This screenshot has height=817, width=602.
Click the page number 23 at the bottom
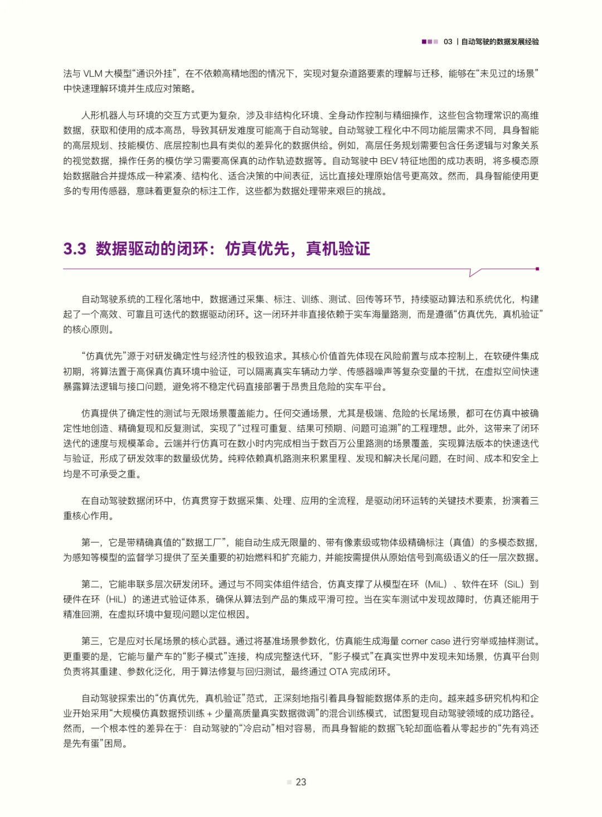[x=301, y=782]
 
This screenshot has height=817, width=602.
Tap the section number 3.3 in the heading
[x=75, y=249]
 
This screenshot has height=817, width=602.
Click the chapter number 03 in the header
[x=448, y=42]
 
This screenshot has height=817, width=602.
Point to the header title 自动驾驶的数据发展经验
[x=500, y=42]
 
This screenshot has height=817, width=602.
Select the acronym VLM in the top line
[x=93, y=74]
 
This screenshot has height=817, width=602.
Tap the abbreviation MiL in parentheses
[x=436, y=584]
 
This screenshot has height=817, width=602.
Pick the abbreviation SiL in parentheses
[x=514, y=584]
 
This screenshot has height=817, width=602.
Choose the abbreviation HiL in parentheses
[x=116, y=599]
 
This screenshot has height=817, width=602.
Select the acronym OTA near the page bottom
[x=338, y=672]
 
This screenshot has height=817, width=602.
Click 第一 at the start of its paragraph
[x=90, y=542]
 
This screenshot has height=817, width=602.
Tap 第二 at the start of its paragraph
[x=90, y=584]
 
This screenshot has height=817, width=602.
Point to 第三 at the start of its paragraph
[x=90, y=641]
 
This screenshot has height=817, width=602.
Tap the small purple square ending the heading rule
[x=537, y=269]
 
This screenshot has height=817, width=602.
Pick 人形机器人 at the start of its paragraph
[x=104, y=115]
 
